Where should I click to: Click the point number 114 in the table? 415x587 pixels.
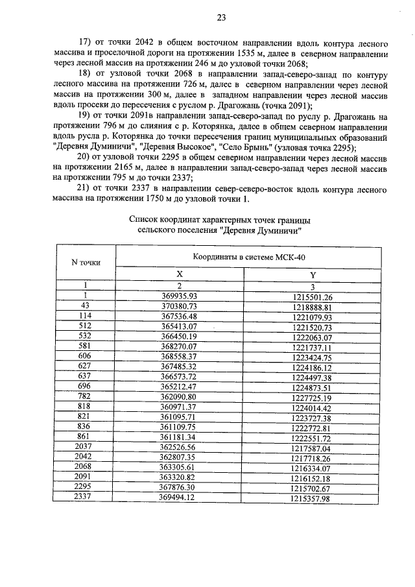pyautogui.click(x=84, y=317)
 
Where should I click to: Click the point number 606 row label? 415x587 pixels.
pyautogui.click(x=84, y=359)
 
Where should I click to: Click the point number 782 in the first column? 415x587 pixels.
pyautogui.click(x=84, y=400)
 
